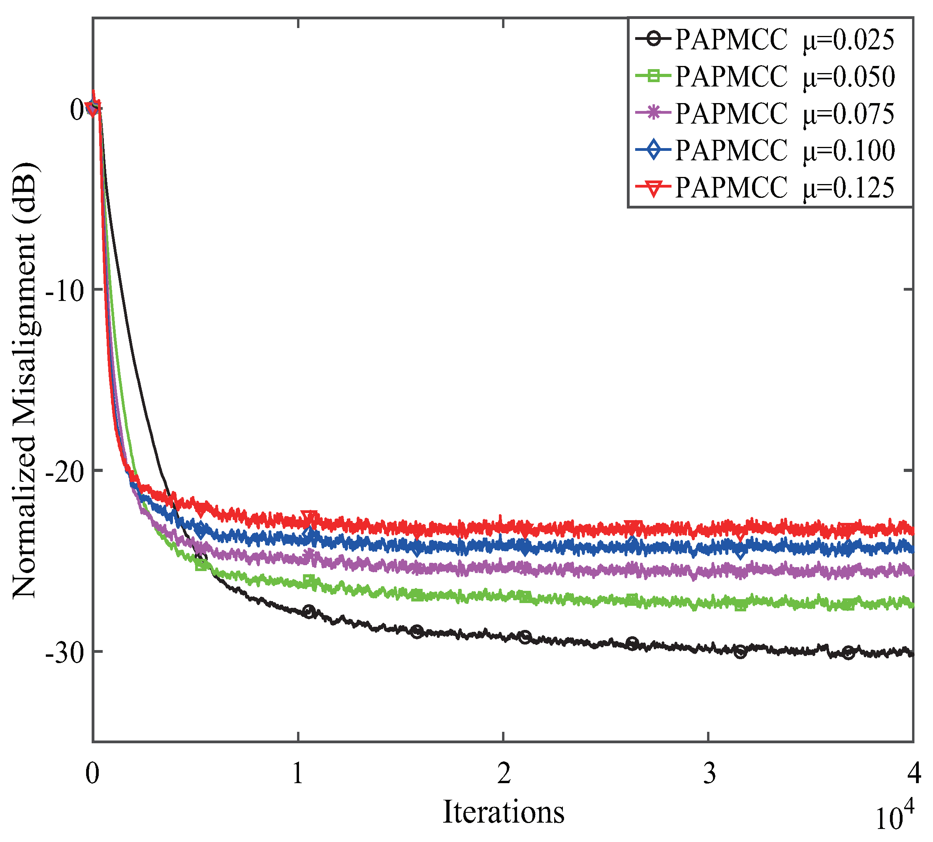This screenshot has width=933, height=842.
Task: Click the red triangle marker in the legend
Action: tap(653, 187)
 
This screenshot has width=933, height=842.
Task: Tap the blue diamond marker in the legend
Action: tap(653, 150)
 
